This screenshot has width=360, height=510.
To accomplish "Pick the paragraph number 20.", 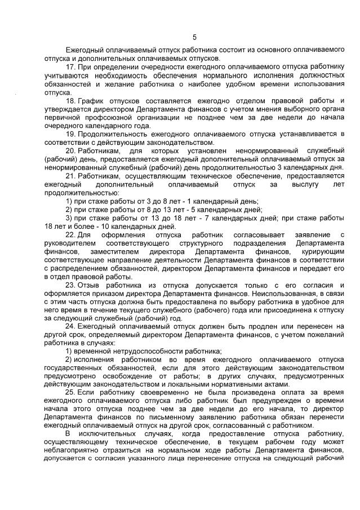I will (70, 152).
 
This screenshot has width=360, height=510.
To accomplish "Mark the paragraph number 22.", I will (70, 234).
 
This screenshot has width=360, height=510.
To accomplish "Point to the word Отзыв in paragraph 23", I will (88, 285).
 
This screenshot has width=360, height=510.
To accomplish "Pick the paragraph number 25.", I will (70, 392).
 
